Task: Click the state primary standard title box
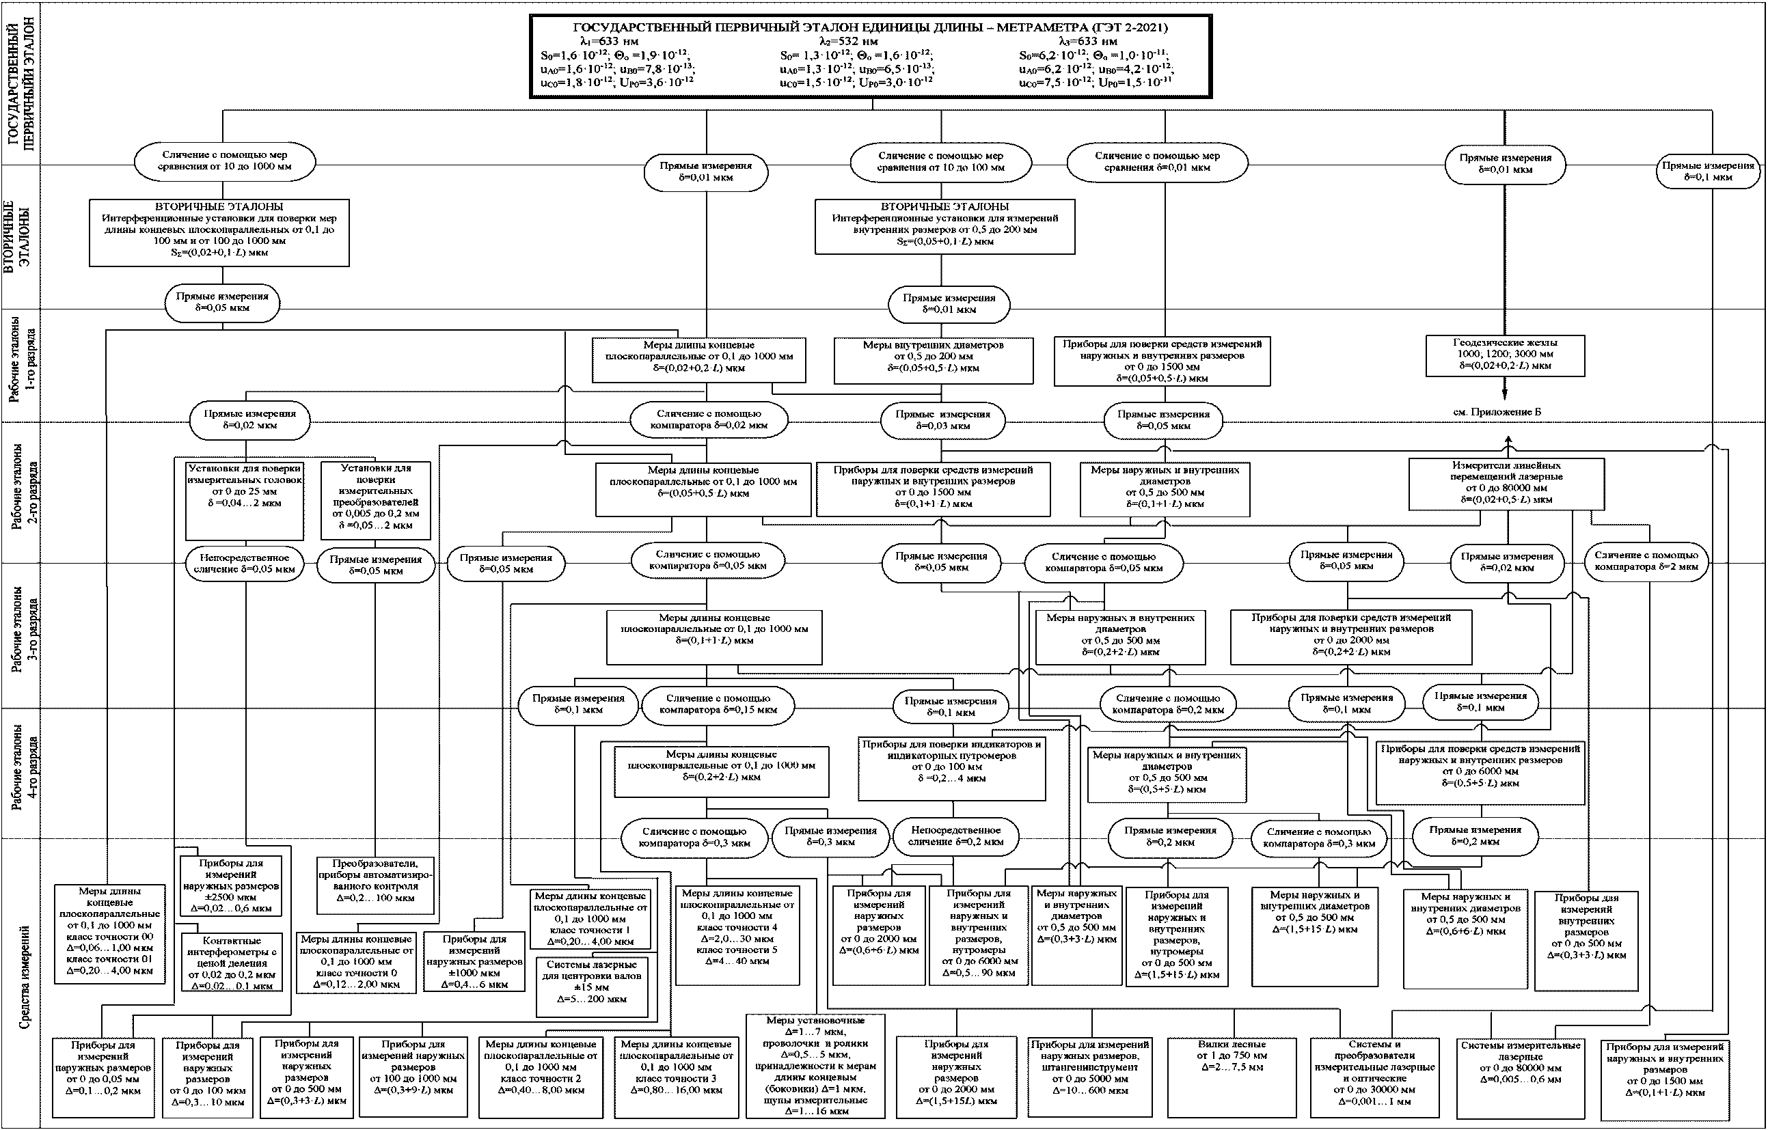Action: (871, 56)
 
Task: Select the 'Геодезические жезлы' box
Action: (1505, 355)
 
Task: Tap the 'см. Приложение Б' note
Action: (1497, 413)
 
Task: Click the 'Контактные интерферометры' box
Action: (231, 962)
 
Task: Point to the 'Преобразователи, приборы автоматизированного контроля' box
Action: (375, 884)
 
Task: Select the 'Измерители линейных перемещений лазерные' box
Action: (1506, 484)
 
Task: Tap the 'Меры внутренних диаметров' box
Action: (933, 359)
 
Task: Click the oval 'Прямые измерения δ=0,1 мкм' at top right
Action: (1708, 171)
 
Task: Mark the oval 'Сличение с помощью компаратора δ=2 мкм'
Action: (1646, 561)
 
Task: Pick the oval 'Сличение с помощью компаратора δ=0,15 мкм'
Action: (718, 704)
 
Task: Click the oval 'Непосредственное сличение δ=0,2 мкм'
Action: (955, 836)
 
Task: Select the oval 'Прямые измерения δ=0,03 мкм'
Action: (942, 419)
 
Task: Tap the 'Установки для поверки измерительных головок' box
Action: (245, 499)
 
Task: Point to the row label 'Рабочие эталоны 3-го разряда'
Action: (24, 634)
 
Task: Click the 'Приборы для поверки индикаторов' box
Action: (951, 769)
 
